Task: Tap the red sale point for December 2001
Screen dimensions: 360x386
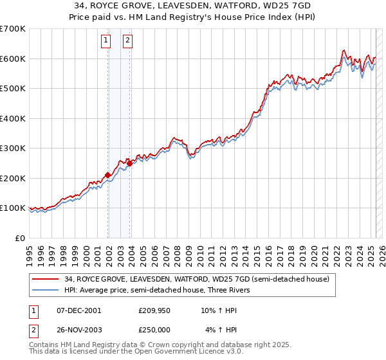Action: point(107,174)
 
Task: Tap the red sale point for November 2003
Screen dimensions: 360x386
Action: point(129,163)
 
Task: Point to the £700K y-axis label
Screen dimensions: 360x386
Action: point(13,29)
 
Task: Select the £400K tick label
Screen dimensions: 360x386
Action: point(13,118)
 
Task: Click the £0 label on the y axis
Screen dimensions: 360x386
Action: point(21,238)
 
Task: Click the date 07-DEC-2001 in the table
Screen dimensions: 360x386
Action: point(78,310)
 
